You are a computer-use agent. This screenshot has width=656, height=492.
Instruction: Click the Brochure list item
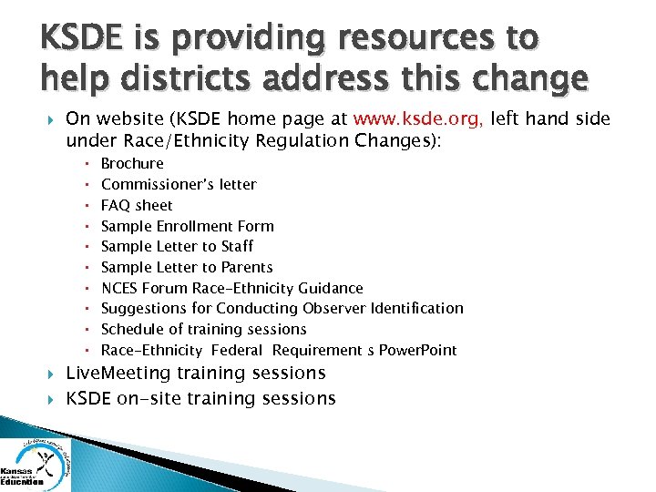coord(132,164)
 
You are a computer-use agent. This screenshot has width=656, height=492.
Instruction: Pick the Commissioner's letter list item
coord(179,184)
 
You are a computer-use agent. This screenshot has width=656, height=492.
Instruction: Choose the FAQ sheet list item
coord(137,205)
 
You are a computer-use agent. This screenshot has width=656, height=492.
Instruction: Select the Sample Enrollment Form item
coord(187,226)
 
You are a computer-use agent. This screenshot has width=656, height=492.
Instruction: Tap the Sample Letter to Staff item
coord(177,246)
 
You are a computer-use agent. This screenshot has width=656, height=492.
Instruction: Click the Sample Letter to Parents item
coord(187,267)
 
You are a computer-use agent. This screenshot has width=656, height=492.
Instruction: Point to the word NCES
coord(119,288)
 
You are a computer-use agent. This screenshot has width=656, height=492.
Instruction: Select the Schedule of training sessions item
coord(203,329)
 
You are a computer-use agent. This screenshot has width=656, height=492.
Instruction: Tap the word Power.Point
coord(418,351)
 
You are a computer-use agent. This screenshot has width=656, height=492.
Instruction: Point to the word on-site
coord(145,399)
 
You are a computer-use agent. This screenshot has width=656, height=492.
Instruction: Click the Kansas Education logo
coord(36,462)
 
